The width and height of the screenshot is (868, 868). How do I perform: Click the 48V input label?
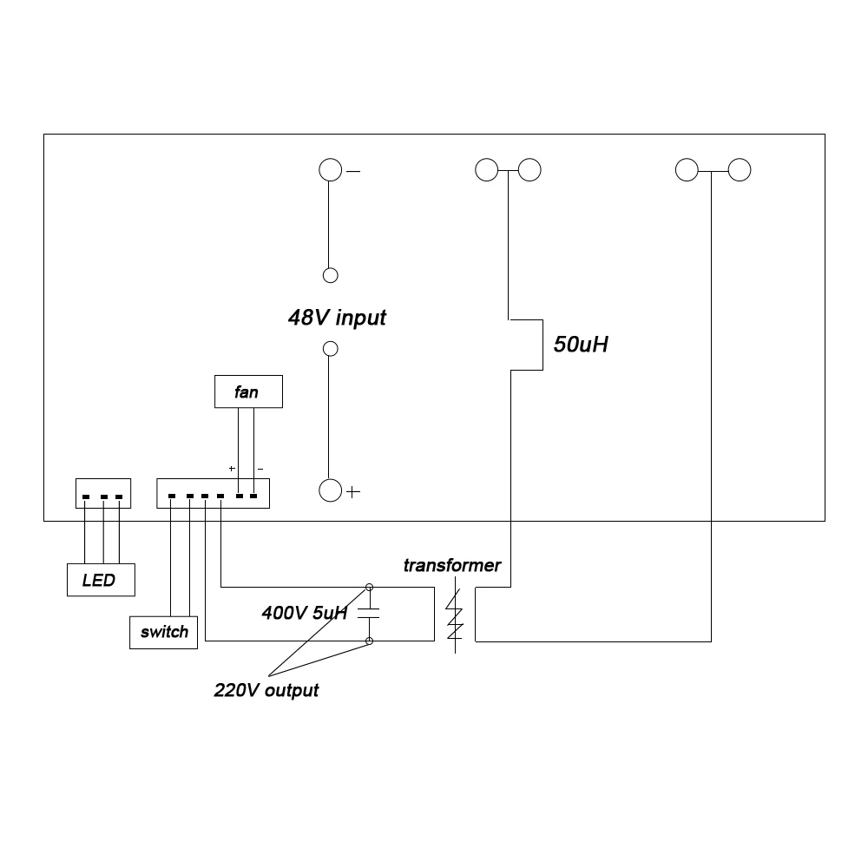pos(337,318)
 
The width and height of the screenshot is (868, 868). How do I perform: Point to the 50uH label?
pos(581,345)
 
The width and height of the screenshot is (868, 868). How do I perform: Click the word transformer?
pos(451,565)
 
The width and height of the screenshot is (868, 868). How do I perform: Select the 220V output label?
pos(266,690)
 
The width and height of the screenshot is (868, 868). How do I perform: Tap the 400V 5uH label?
pos(305,613)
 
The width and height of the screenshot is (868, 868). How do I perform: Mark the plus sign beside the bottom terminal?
pos(353,491)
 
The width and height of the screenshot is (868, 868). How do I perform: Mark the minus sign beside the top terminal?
pos(353,172)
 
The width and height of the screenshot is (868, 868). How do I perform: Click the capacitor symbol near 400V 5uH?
pos(369,613)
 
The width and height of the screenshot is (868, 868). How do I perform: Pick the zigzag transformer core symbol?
pos(455,615)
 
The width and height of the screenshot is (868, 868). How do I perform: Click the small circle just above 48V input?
pos(331,275)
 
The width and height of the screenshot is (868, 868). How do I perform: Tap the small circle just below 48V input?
pos(331,349)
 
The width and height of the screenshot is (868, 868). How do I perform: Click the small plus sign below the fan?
pos(232,469)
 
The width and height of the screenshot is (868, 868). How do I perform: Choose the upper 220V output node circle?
pos(369,587)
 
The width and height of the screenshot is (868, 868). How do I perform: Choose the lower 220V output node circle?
pos(369,641)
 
